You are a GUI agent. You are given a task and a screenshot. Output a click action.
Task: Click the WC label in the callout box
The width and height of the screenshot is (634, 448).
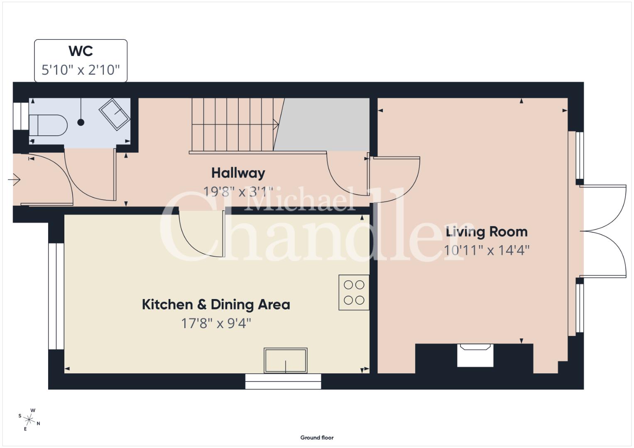(x=81, y=51)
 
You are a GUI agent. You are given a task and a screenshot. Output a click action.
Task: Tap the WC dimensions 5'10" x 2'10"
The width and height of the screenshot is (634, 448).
(x=81, y=70)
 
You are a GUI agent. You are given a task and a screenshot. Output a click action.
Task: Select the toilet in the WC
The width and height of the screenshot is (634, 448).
(x=48, y=125)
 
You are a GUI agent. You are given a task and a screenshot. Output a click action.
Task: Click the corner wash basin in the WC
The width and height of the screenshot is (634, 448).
(x=115, y=114)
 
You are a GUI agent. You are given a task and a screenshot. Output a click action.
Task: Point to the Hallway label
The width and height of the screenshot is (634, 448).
(x=238, y=173)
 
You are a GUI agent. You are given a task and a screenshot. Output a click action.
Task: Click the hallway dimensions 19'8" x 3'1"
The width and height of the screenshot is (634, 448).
(x=238, y=192)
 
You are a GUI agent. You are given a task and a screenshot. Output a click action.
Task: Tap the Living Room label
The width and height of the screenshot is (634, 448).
(x=487, y=232)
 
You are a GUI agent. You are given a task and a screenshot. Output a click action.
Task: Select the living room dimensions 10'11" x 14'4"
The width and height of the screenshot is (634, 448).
(x=487, y=251)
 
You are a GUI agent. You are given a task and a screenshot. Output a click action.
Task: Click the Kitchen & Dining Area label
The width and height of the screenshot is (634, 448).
(x=216, y=304)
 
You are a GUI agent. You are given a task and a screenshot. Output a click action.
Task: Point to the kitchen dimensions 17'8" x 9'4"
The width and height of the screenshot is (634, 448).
(x=216, y=323)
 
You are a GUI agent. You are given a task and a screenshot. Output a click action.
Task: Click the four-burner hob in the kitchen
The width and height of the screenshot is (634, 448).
(x=354, y=292)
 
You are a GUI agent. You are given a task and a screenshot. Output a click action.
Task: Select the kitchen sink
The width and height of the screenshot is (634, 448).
(x=285, y=360)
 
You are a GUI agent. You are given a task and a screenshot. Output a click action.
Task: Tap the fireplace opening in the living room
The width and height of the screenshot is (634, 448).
(x=475, y=355)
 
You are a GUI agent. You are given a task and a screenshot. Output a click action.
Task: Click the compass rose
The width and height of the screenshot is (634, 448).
(x=29, y=420)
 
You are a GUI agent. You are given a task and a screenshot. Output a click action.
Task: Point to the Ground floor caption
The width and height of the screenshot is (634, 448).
(x=317, y=438)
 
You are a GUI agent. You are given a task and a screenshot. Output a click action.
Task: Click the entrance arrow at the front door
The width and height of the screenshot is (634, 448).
(x=14, y=180)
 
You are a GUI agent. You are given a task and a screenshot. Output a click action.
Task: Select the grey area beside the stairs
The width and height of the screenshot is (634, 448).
(x=323, y=124)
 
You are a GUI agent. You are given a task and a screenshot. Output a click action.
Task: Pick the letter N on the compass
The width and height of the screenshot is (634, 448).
(x=39, y=424)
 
